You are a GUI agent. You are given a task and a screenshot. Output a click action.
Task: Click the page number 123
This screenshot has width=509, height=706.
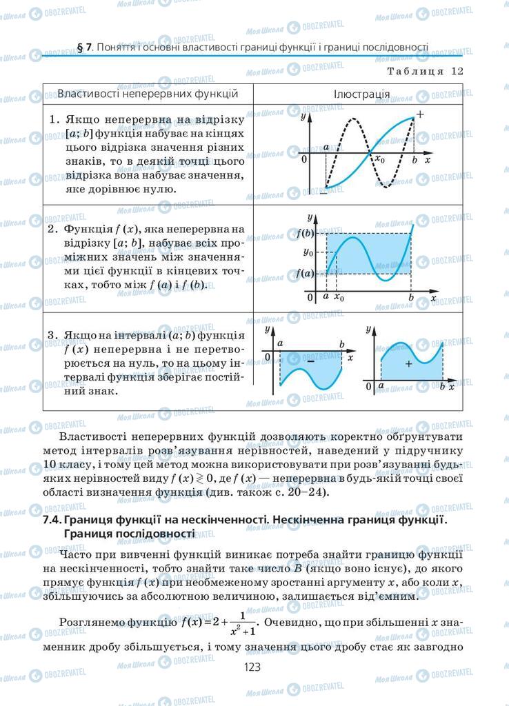coord(254,667)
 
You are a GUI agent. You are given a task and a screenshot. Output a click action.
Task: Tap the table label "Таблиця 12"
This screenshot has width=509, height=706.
coord(425,70)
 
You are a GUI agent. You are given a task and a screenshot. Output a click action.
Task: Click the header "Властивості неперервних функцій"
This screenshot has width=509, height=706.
coord(148,93)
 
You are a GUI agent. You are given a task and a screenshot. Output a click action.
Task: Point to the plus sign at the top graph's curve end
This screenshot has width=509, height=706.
coord(421,114)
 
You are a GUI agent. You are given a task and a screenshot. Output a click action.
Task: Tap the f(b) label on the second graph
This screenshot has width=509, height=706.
coord(304,233)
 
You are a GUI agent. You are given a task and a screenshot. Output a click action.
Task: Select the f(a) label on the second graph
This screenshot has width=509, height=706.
coord(304,273)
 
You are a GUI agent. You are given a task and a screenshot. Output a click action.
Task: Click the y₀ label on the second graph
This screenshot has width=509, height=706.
coord(308,252)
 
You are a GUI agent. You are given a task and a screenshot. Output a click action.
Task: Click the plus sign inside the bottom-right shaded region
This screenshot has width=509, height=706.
coord(408,363)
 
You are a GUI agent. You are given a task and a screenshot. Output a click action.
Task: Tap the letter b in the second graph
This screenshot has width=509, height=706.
coord(411,298)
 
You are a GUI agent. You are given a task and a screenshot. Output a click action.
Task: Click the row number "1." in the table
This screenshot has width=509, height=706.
coord(54,119)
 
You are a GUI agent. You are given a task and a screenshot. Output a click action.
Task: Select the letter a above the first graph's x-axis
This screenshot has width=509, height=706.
coord(326,148)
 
